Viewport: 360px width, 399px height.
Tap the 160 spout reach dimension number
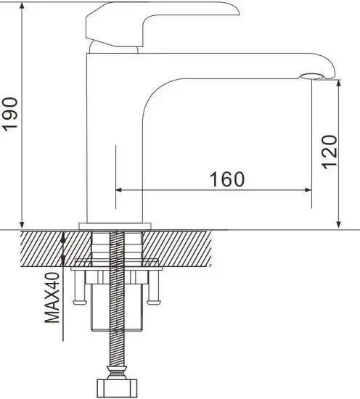(x=227, y=178)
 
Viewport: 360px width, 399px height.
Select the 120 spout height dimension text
(x=329, y=152)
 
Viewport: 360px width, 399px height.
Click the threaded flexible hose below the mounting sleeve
(x=114, y=348)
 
